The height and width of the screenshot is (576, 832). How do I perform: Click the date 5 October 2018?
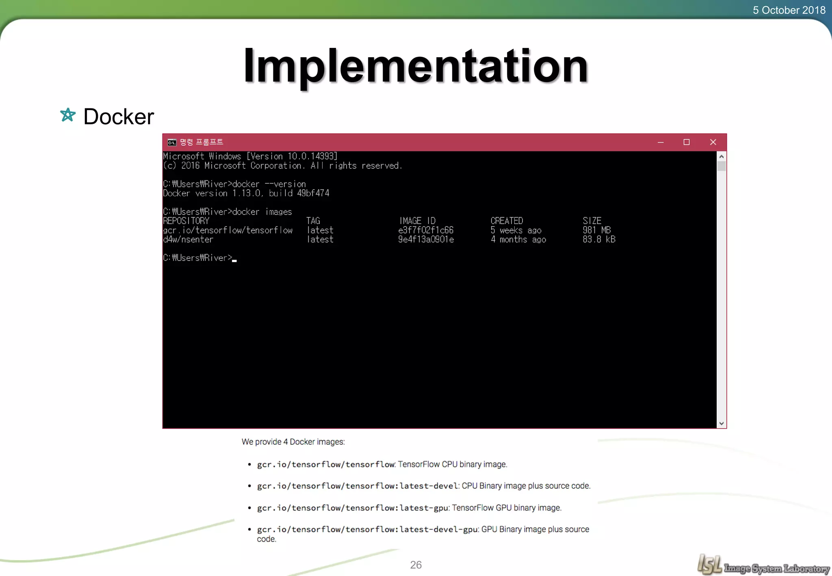tap(789, 10)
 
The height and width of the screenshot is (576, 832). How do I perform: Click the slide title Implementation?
tap(416, 66)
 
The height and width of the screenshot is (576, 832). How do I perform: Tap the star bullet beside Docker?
tap(68, 115)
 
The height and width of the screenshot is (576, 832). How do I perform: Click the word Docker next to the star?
tap(119, 117)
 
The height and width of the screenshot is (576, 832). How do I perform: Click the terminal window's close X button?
tap(713, 142)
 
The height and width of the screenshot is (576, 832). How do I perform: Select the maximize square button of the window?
tap(687, 142)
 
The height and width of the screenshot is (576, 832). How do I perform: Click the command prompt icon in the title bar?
tap(172, 142)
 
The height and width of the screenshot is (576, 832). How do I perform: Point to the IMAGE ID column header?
tap(417, 221)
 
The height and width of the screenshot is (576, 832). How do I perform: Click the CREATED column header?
tap(507, 221)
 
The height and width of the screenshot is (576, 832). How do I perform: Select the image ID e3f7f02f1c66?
tap(426, 230)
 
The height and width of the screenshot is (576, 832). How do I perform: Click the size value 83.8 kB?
tap(599, 240)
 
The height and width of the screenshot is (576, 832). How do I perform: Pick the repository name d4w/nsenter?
tap(188, 240)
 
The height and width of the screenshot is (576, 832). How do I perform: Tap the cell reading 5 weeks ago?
tap(516, 230)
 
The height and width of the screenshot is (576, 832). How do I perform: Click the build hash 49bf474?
tap(313, 193)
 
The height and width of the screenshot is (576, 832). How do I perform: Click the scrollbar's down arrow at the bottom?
tap(721, 423)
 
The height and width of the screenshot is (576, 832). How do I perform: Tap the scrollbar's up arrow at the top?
tap(721, 156)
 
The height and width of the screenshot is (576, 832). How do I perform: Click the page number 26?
tap(416, 565)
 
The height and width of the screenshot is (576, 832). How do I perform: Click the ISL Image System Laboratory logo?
tap(763, 565)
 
